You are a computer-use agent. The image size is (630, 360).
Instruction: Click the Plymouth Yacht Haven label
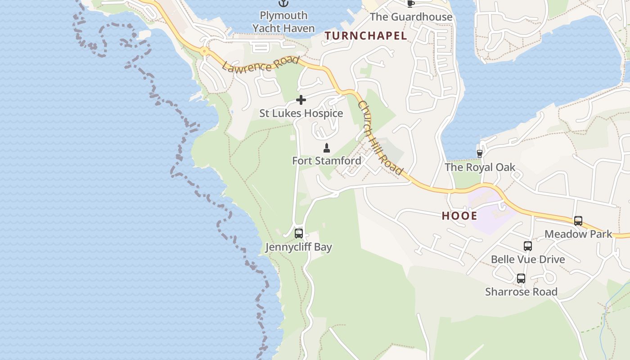pyautogui.click(x=283, y=22)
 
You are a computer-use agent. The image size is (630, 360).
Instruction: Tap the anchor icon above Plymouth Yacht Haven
pyautogui.click(x=283, y=4)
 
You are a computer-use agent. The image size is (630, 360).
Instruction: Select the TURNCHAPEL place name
pyautogui.click(x=365, y=36)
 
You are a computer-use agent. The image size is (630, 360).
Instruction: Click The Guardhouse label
pyautogui.click(x=411, y=17)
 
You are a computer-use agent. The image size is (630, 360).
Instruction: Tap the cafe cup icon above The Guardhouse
pyautogui.click(x=410, y=4)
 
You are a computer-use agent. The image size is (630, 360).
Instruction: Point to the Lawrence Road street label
pyautogui.click(x=260, y=64)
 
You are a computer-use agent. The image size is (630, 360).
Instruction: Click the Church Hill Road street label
pyautogui.click(x=380, y=138)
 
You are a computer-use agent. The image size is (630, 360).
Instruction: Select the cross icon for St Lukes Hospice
pyautogui.click(x=301, y=100)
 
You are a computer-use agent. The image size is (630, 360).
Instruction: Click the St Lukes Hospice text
pyautogui.click(x=301, y=113)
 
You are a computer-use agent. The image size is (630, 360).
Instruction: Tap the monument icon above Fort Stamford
pyautogui.click(x=327, y=148)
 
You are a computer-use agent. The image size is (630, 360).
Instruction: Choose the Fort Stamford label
pyautogui.click(x=327, y=161)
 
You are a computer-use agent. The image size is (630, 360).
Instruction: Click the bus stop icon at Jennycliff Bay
pyautogui.click(x=298, y=234)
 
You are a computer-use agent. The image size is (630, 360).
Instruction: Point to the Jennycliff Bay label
pyautogui.click(x=298, y=247)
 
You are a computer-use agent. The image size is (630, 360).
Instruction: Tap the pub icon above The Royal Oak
pyautogui.click(x=480, y=154)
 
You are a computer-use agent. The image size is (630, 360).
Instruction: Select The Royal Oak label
pyautogui.click(x=480, y=167)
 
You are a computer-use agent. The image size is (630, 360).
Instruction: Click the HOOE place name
pyautogui.click(x=459, y=216)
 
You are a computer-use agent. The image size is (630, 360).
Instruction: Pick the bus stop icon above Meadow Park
pyautogui.click(x=578, y=221)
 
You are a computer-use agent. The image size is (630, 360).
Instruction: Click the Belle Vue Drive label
pyautogui.click(x=528, y=260)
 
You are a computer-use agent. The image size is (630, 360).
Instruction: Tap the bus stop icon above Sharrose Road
pyautogui.click(x=521, y=279)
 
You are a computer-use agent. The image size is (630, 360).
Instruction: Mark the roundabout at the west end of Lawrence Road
pyautogui.click(x=205, y=51)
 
